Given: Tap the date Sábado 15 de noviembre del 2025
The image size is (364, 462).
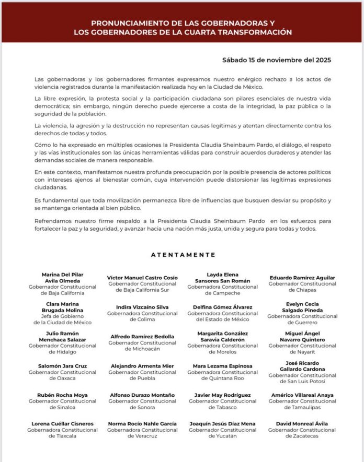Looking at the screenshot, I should click(276, 60).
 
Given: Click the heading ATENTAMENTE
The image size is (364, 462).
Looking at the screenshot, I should click(183, 255).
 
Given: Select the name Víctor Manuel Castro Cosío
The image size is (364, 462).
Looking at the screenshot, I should click(142, 278).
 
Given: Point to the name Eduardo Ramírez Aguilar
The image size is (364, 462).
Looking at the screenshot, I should click(302, 278).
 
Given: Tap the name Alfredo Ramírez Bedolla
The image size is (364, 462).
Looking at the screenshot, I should click(142, 337).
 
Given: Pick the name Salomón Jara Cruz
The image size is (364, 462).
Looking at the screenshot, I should click(62, 366).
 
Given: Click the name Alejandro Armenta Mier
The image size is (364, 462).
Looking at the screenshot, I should click(142, 366).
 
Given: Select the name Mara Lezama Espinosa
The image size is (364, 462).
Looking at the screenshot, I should click(222, 366).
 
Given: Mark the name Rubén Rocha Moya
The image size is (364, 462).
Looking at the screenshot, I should click(62, 395).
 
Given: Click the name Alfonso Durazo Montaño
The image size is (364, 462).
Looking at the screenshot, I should click(142, 395).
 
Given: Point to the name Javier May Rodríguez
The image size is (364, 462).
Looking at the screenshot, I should click(222, 395).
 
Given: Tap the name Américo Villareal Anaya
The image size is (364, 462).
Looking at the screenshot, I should click(302, 395).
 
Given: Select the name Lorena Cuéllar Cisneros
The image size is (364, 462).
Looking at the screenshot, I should click(62, 424).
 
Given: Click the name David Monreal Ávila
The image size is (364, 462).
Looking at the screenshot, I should click(302, 424).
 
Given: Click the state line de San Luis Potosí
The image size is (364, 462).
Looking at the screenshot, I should click(302, 382).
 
